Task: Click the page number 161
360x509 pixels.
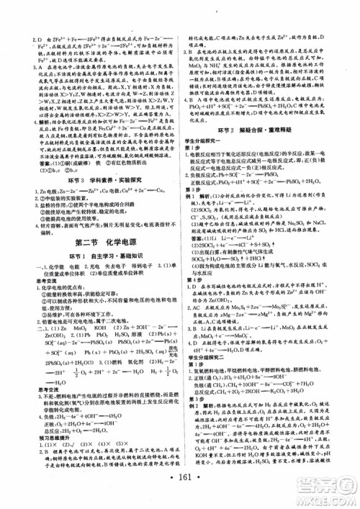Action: tap(179, 481)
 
